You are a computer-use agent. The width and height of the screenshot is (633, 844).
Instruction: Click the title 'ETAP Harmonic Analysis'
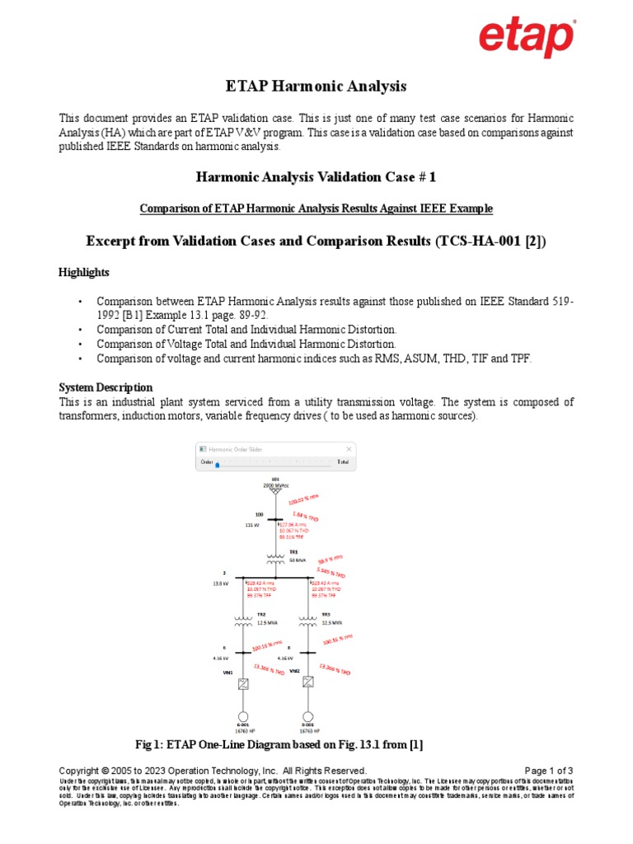point(316,87)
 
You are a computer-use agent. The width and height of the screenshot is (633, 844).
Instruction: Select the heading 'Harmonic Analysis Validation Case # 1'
point(316,177)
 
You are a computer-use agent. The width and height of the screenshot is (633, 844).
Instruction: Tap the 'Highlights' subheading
point(83,272)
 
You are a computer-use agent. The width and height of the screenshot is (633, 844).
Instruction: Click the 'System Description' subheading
point(105,387)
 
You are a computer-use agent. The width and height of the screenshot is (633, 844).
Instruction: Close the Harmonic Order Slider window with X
point(349,449)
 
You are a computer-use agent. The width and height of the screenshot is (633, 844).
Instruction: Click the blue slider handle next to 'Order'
point(218,465)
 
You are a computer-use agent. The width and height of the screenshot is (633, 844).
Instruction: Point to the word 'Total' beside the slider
point(342,463)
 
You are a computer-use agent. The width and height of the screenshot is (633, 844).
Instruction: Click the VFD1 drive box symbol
point(243,683)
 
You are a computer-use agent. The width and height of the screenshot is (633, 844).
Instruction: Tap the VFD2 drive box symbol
point(308,682)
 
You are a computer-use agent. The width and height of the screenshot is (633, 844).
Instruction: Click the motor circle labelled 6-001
point(243,716)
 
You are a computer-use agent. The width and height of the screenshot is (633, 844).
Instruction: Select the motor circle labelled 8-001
point(308,716)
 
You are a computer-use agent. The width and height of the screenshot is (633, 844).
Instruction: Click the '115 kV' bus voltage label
point(252,524)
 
